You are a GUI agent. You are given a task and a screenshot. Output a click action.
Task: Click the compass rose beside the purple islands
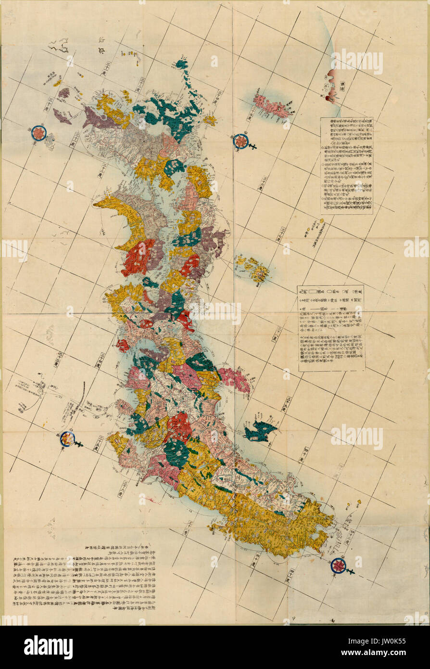click(x=39, y=133)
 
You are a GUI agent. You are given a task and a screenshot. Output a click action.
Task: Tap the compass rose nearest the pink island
click(x=240, y=141)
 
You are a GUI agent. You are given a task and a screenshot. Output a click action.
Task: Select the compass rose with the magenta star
click(x=339, y=565)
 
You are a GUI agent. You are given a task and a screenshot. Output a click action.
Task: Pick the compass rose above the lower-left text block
click(x=67, y=438)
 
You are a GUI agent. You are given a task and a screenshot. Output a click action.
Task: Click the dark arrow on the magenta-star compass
click(x=352, y=571)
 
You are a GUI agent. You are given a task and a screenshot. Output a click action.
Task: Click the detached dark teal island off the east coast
click(x=259, y=431)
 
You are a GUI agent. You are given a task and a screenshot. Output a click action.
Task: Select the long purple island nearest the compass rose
click(x=62, y=116)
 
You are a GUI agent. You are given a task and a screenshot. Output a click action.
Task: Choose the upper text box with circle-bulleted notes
click(x=346, y=166)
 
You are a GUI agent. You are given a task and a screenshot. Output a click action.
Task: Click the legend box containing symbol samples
click(x=331, y=328)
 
